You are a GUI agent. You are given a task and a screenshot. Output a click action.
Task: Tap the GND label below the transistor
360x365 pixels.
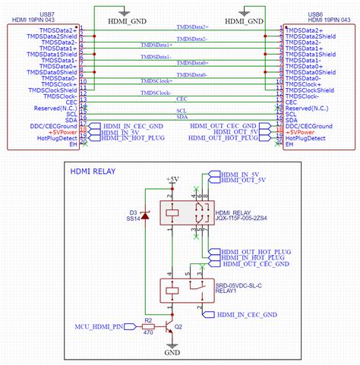pyautogui.click(x=173, y=353)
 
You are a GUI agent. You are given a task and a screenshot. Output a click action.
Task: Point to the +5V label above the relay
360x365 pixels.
pyautogui.click(x=173, y=180)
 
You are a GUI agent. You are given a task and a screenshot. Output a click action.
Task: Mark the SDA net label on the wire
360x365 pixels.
pyautogui.click(x=182, y=116)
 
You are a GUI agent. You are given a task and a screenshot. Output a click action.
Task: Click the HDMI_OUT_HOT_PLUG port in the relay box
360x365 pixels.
pyautogui.click(x=254, y=250)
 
